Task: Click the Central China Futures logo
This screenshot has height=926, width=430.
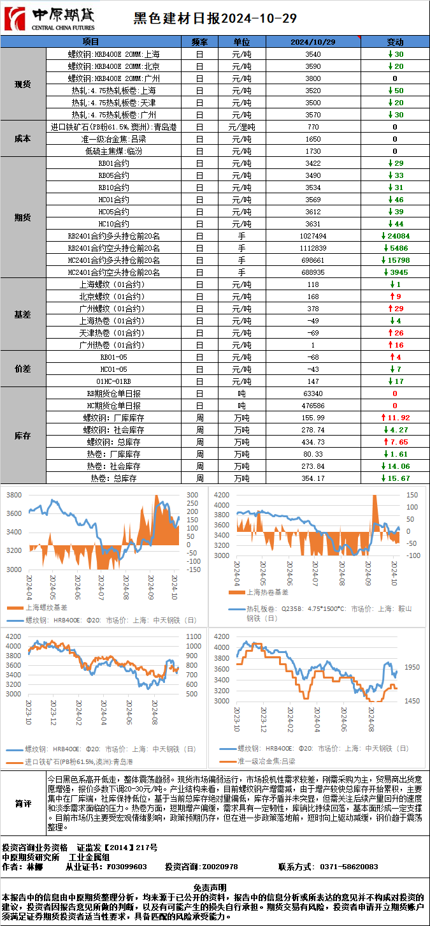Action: [x=49, y=18]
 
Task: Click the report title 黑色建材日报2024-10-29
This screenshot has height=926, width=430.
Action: [x=215, y=18]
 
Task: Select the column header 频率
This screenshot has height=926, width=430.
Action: [x=199, y=42]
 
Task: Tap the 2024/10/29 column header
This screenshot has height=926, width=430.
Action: [x=313, y=42]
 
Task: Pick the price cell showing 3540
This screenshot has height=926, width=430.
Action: [x=313, y=54]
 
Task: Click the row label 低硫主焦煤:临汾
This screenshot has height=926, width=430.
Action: [x=113, y=151]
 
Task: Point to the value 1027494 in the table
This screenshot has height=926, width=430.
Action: [x=313, y=236]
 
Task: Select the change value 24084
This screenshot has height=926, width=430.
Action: [x=398, y=236]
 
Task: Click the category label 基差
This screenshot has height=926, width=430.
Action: [x=23, y=314]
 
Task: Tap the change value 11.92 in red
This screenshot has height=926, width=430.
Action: [x=398, y=418]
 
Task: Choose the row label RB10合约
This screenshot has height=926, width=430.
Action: [x=113, y=187]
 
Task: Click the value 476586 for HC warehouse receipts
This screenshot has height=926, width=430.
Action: [x=313, y=406]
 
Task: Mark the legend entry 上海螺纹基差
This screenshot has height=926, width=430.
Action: [x=48, y=607]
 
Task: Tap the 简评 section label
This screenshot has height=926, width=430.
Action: [x=23, y=804]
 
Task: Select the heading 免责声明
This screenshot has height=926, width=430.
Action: [x=215, y=887]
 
